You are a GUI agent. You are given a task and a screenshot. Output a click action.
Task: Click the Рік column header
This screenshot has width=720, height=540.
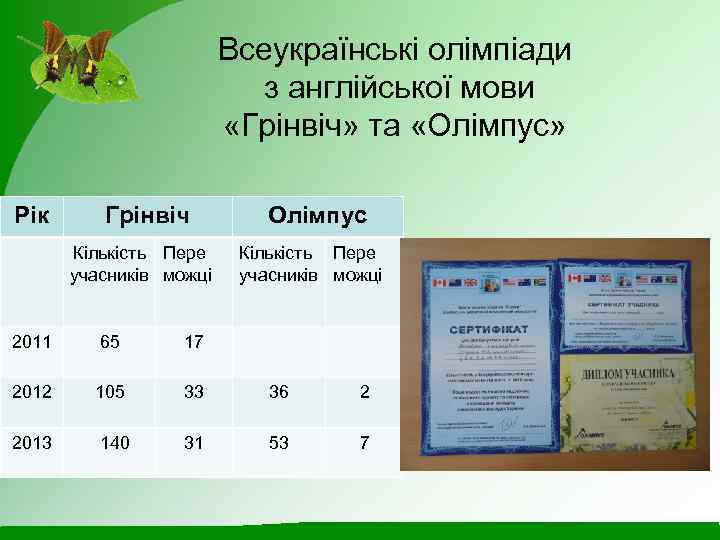(x=35, y=215)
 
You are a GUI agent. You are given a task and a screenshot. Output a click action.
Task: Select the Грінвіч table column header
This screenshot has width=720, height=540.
(x=148, y=215)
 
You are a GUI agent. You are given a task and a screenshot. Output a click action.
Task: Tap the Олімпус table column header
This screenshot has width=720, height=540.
(x=317, y=215)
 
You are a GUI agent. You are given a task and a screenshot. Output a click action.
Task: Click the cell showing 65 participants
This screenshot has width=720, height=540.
(x=110, y=342)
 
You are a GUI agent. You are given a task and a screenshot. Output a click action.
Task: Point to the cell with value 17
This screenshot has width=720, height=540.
(x=194, y=342)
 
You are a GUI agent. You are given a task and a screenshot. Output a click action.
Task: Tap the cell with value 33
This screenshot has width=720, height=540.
(x=194, y=392)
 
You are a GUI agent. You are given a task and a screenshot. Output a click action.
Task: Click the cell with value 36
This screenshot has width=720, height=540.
(x=278, y=392)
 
